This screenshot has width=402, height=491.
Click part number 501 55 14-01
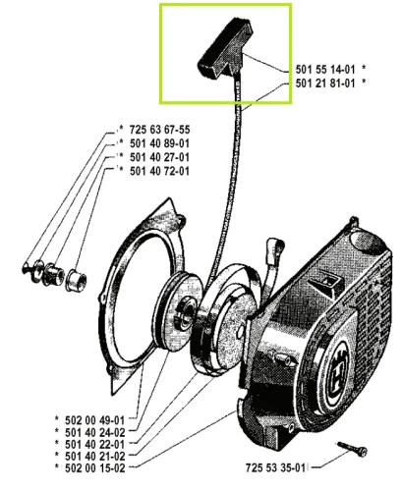pos(325,70)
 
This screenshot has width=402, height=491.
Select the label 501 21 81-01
pos(325,83)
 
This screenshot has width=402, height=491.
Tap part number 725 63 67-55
pos(159,130)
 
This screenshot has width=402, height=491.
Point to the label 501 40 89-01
pos(159,143)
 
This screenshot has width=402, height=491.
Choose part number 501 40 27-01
pos(159,157)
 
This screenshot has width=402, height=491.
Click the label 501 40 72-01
pos(159,171)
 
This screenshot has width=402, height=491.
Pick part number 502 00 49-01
pos(95,420)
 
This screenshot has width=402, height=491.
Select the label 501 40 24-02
pos(95,432)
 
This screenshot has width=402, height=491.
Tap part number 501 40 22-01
pos(95,444)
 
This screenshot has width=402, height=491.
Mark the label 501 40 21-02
pos(95,456)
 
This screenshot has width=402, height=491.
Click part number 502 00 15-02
pos(95,468)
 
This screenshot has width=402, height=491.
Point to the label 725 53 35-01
pos(275,467)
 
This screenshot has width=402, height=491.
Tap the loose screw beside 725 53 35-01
pos(352,449)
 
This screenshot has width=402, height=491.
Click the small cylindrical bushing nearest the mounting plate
pos(76,281)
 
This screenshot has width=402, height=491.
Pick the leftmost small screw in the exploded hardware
pos(27,268)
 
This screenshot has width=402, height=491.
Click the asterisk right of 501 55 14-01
pos(364,68)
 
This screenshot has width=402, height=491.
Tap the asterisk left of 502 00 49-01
pos(57,418)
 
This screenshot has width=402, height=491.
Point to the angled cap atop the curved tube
pos(275,245)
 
